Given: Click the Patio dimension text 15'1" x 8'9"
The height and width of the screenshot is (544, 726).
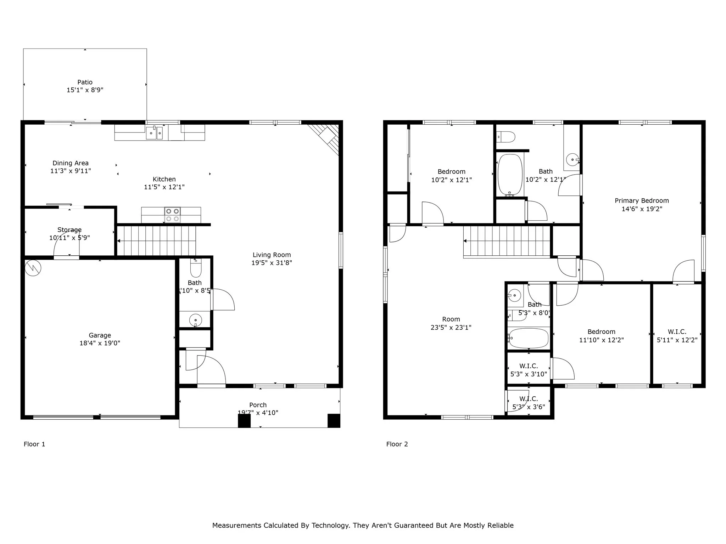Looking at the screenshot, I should click(85, 90).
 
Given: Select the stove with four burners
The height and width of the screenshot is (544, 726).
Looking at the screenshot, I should click(172, 215).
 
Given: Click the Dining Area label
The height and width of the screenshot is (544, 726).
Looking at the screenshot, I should click(71, 163).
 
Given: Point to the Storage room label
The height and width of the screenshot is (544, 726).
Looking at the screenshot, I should click(69, 230).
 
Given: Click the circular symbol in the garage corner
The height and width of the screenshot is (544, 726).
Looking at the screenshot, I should click(33, 268).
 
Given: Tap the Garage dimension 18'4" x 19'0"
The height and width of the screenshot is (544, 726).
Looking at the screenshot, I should click(100, 343).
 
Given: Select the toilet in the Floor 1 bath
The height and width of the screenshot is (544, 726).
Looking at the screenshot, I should click(196, 268).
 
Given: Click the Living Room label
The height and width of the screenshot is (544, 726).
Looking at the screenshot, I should click(272, 255).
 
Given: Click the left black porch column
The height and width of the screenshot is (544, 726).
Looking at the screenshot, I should click(244, 420).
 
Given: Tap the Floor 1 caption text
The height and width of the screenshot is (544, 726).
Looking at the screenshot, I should click(34, 444).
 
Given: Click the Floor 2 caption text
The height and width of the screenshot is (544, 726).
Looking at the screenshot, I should click(397, 444).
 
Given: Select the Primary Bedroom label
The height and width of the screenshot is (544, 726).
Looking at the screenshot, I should click(642, 201).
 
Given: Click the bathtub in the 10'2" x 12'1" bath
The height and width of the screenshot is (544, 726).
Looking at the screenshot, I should click(510, 174).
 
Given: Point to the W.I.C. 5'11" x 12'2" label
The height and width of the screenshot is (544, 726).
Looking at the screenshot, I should click(677, 336).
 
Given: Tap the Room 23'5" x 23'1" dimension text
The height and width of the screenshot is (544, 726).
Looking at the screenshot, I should click(451, 328).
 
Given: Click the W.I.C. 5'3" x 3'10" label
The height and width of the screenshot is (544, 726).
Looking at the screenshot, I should click(529, 370).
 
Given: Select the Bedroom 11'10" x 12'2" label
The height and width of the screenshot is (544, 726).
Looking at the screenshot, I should click(601, 336).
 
